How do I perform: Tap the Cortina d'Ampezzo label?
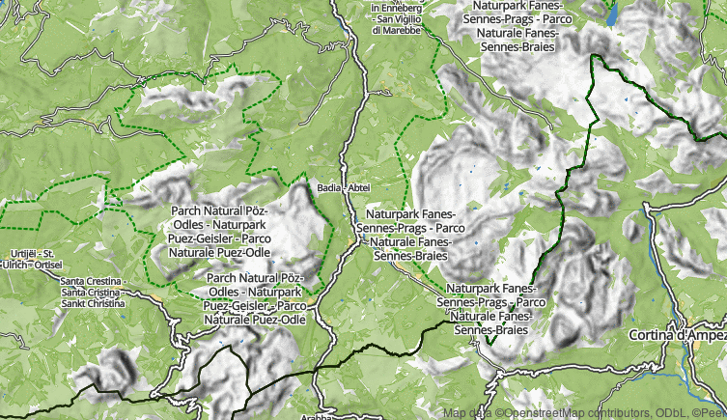(677, 334)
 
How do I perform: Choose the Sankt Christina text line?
(93, 303)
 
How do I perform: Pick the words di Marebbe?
(396, 30)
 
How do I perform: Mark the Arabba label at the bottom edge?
(316, 417)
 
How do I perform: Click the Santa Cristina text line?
(91, 292)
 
